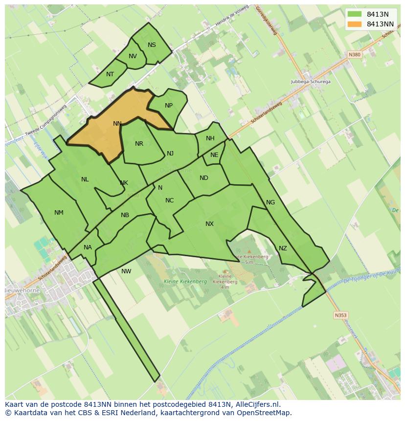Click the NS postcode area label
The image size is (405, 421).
(152, 45)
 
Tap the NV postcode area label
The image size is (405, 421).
(133, 56)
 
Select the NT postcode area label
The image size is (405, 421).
(110, 74)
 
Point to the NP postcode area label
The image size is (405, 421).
(169, 106)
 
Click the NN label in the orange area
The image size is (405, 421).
(117, 124)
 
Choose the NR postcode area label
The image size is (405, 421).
(139, 144)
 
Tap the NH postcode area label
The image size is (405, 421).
(210, 138)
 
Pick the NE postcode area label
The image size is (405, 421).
(214, 155)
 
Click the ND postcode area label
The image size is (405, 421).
(204, 178)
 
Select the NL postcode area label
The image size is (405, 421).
(85, 179)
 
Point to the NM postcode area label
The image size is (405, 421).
(59, 212)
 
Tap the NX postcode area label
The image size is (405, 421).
(209, 224)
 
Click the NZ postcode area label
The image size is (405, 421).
(283, 248)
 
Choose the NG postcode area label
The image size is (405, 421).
(270, 202)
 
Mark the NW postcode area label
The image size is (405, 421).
(126, 271)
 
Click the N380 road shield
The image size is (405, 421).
(355, 55)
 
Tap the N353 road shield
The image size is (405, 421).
(340, 315)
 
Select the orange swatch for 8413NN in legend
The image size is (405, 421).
(355, 24)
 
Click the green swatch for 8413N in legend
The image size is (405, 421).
(355, 14)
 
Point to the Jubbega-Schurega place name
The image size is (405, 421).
(311, 82)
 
